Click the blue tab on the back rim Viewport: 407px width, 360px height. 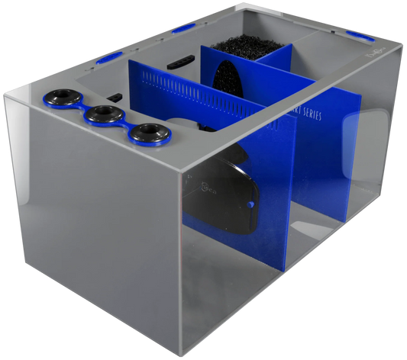tap(184, 28)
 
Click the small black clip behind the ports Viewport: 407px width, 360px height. tap(114, 97)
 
